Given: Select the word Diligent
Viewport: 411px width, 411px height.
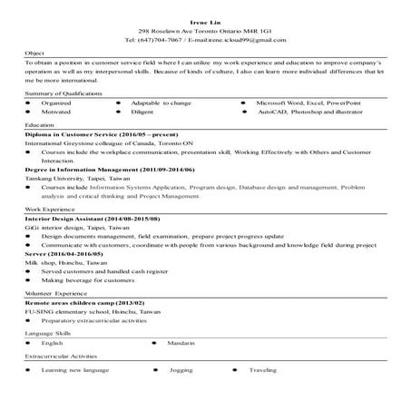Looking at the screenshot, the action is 142,113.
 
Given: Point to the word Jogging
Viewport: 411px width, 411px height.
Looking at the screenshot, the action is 181,371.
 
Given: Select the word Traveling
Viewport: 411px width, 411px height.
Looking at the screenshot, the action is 264,371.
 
